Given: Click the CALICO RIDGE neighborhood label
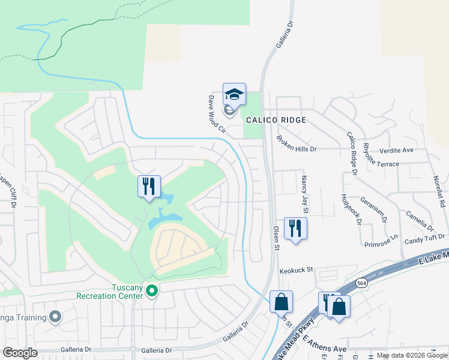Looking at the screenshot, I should tap(283, 120).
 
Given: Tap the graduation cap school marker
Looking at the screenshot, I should tap(234, 94).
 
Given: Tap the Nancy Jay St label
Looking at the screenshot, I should tap(304, 194).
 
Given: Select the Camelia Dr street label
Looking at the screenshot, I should tap(419, 220).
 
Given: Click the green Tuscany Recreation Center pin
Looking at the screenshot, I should tap(152, 292).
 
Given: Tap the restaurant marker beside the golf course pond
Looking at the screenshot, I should tap(148, 185).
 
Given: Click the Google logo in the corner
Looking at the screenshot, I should tap(20, 353).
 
